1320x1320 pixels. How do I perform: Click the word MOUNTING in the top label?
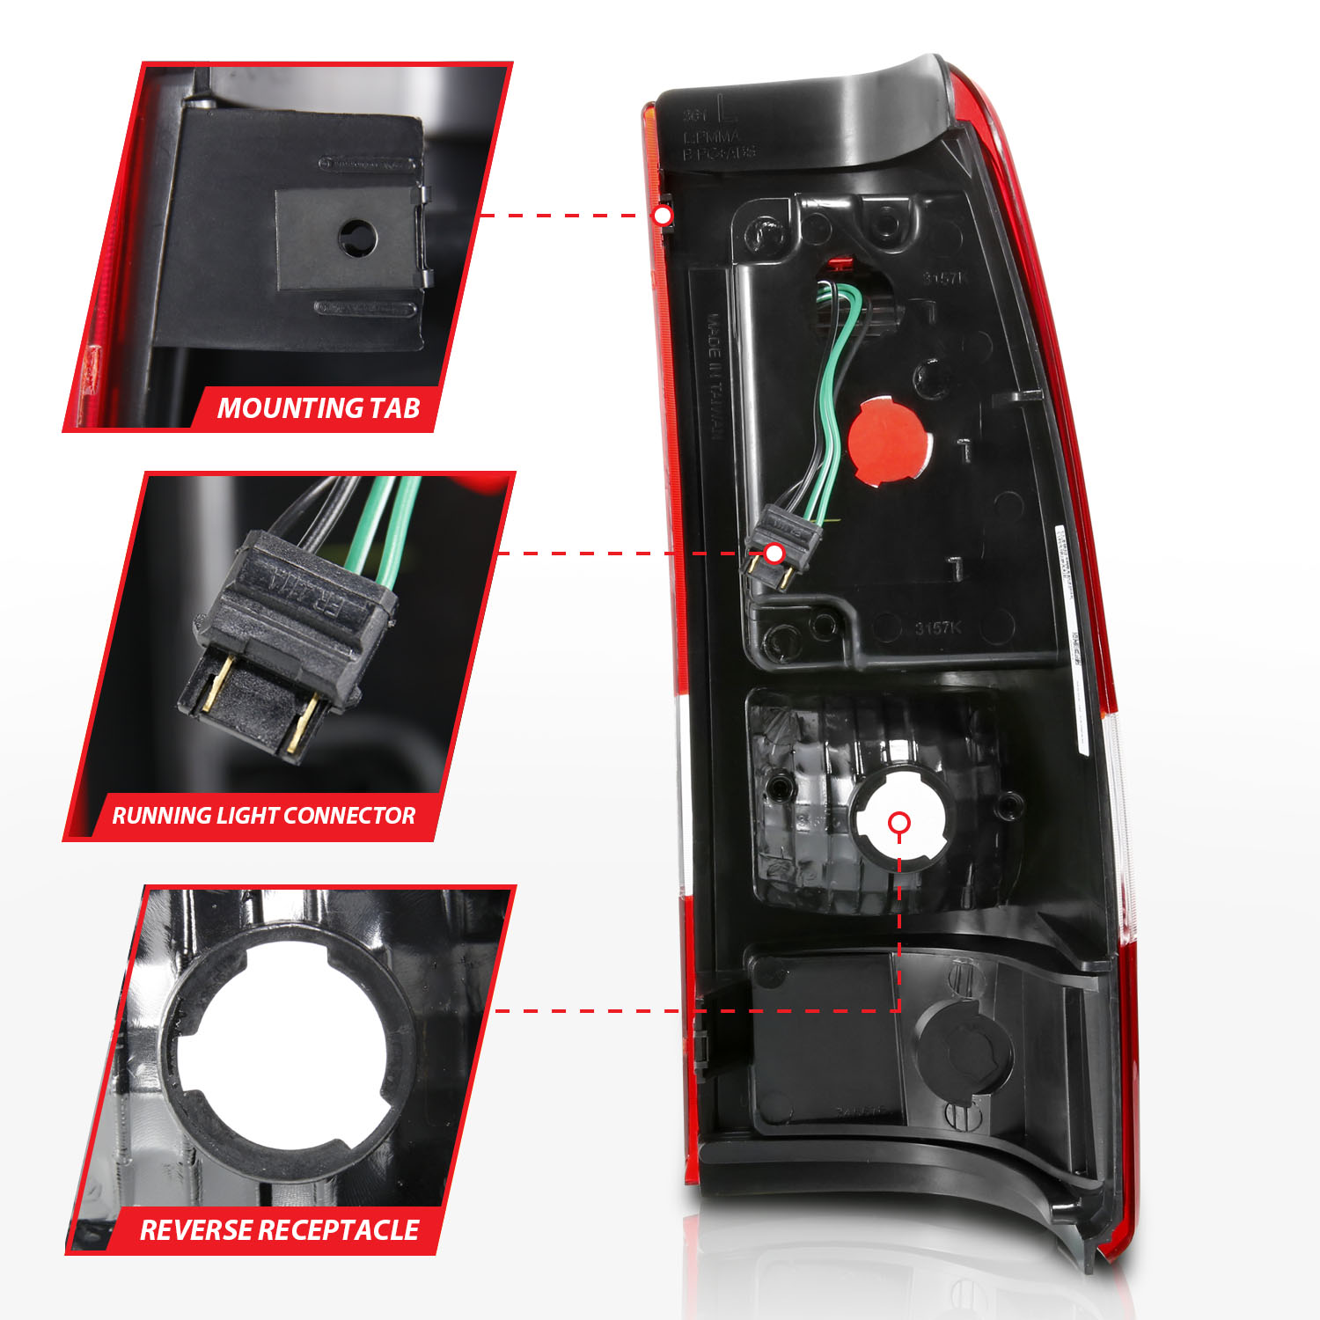(290, 408)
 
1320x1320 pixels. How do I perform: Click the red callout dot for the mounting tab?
(663, 216)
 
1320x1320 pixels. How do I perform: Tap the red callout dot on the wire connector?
(774, 554)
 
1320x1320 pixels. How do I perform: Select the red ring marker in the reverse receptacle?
(898, 823)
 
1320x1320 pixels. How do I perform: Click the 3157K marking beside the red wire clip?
(943, 278)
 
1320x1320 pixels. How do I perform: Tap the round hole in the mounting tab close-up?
(357, 237)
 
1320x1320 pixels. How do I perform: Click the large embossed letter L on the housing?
(727, 109)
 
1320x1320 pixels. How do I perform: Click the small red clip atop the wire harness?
(841, 261)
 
